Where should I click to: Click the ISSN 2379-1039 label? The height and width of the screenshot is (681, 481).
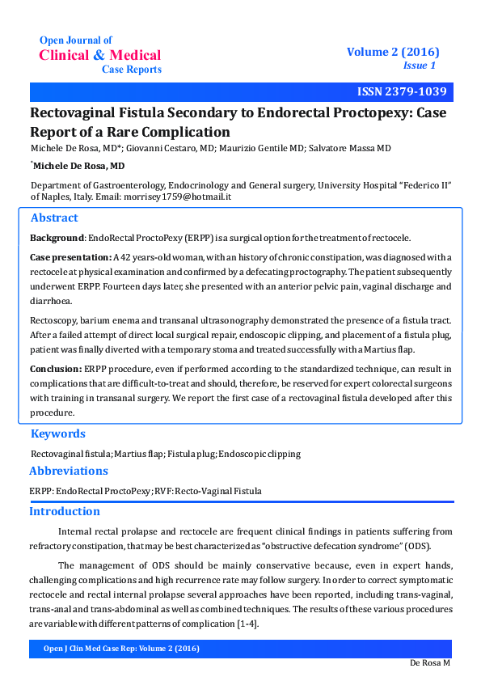tap(401, 91)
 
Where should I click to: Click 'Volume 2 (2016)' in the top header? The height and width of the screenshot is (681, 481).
tap(393, 52)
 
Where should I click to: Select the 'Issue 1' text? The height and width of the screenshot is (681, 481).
tap(420, 66)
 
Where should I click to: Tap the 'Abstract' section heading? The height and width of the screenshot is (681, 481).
tap(54, 218)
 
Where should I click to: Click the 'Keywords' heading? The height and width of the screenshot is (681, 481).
tap(57, 434)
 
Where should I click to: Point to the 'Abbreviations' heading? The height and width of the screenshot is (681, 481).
tap(69, 471)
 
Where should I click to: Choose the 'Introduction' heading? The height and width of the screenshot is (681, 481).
tap(65, 511)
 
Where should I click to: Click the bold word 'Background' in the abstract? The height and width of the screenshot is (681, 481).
tap(57, 238)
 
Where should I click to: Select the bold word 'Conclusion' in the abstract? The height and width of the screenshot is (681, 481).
tap(56, 369)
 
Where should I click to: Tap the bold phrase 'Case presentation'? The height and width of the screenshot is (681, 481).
tap(71, 257)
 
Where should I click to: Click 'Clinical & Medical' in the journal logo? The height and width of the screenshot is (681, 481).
tap(100, 55)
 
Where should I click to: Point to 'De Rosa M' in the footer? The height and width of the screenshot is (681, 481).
tap(430, 662)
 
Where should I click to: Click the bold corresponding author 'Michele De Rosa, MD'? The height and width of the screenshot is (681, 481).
tap(79, 165)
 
